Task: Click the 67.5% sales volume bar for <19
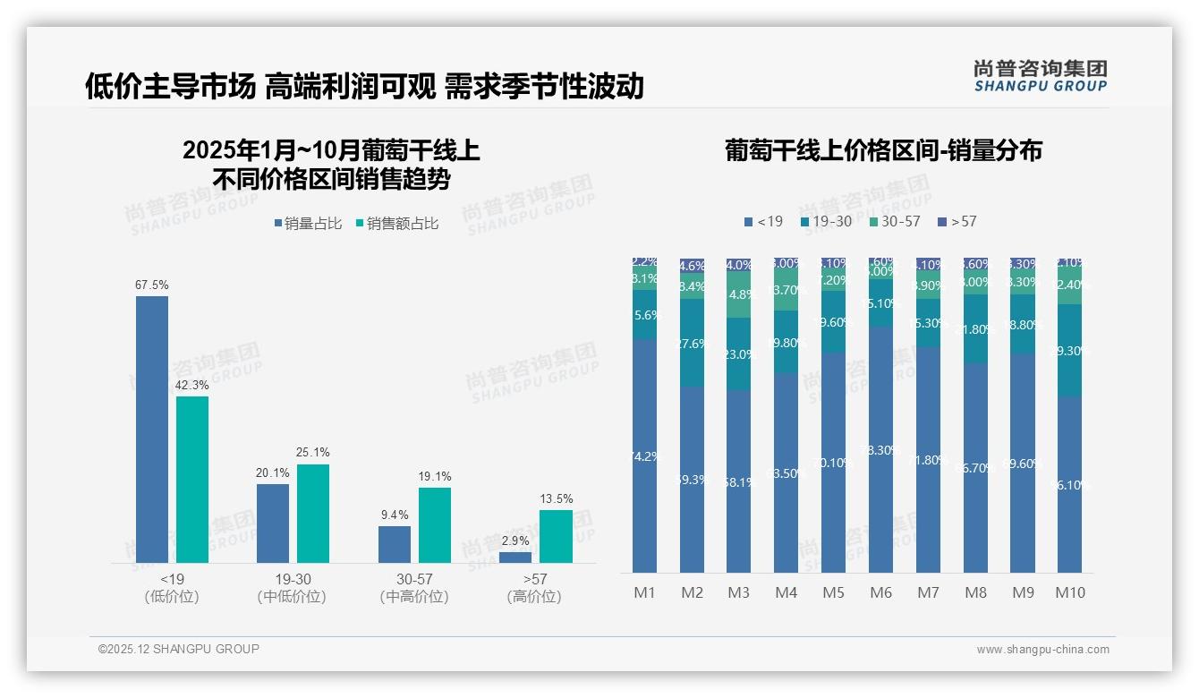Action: [152, 430]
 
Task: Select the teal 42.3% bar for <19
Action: [192, 480]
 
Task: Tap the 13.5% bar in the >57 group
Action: [556, 536]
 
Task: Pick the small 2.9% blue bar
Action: [515, 558]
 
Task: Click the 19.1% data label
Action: [435, 477]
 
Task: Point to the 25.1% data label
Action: [313, 453]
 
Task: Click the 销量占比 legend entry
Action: [308, 224]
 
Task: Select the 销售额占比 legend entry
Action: [397, 224]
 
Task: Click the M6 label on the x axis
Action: [881, 592]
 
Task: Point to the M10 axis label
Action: [1070, 592]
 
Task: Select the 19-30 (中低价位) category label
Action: [292, 588]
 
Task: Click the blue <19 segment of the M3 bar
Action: [739, 481]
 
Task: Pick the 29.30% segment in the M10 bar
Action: [1070, 350]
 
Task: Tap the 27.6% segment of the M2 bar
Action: [692, 343]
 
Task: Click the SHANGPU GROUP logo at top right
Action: [1040, 76]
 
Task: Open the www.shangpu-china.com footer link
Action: [1042, 650]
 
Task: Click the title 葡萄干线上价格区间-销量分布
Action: [883, 150]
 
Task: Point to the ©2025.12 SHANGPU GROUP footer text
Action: [179, 649]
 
